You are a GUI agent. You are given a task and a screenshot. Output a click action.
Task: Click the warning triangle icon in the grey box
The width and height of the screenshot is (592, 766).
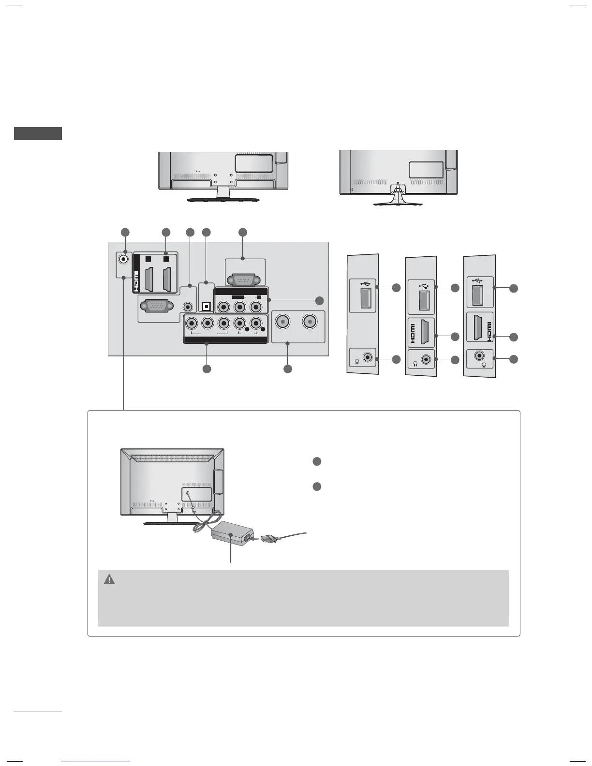click(110, 579)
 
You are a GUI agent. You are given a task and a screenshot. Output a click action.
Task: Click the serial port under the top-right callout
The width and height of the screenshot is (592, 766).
click(243, 279)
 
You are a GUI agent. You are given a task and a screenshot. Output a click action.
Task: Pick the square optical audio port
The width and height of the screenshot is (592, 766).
click(207, 307)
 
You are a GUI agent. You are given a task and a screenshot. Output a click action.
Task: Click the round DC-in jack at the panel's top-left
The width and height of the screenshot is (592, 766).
click(125, 259)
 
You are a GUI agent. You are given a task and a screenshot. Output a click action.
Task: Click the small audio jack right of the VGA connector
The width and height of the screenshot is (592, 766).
click(188, 306)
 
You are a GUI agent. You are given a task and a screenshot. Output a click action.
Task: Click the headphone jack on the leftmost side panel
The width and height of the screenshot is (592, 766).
click(370, 358)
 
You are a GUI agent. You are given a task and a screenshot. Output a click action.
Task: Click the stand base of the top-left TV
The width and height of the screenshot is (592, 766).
click(223, 199)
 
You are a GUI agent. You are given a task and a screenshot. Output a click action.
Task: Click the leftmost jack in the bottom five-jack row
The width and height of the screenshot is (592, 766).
click(192, 323)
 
